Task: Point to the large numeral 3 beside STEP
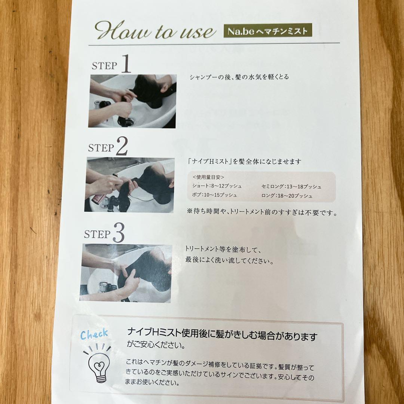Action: [118, 234]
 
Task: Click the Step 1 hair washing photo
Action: [132, 101]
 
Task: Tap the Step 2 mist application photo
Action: [130, 185]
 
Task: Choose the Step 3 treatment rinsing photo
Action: [126, 273]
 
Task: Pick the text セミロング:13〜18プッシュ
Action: [291, 186]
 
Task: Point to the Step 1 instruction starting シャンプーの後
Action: [239, 77]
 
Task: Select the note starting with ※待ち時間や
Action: [262, 213]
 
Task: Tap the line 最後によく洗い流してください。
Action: [229, 260]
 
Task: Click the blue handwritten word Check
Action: [94, 334]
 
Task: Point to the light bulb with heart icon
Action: [98, 365]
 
